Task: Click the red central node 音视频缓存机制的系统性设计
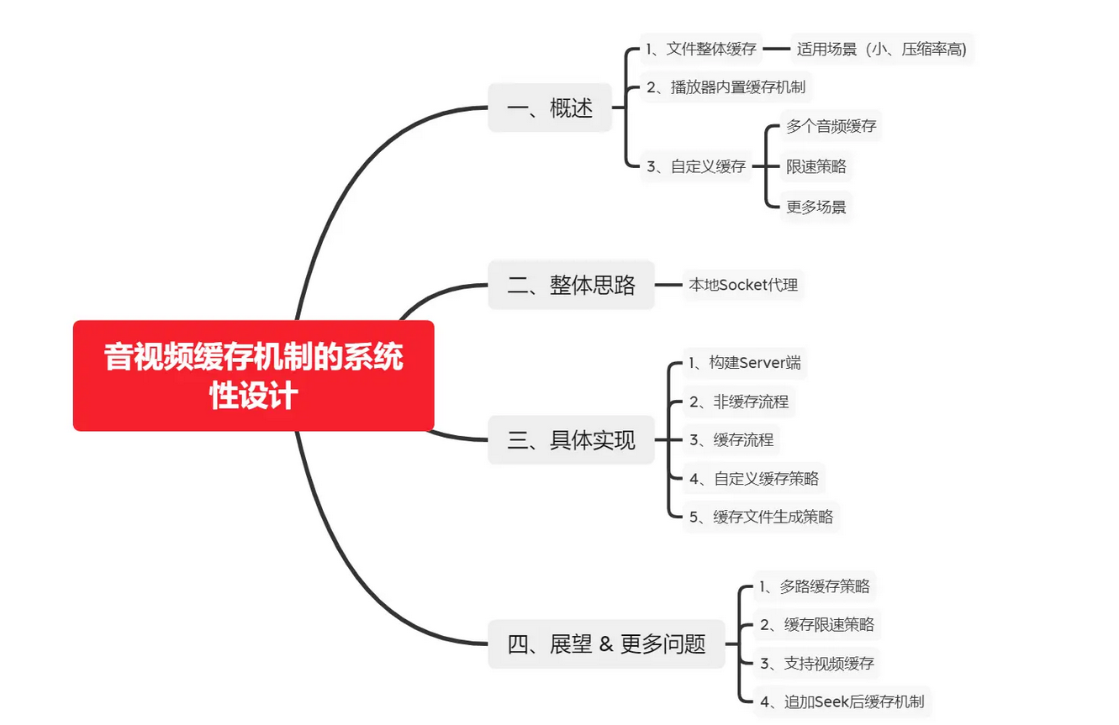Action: tap(253, 376)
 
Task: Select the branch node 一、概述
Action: tap(550, 108)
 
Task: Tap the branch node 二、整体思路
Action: tap(571, 286)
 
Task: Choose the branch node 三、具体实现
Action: tap(571, 439)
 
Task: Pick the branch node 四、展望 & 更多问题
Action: tap(606, 644)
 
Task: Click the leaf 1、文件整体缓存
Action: tap(701, 49)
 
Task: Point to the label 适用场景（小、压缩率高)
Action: tap(881, 49)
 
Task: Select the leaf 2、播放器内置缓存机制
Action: tap(726, 87)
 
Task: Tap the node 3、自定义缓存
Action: tap(696, 166)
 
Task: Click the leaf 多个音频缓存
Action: tap(831, 127)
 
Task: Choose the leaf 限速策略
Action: tap(815, 166)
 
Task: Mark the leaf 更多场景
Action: tap(815, 206)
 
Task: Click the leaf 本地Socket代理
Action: tap(743, 285)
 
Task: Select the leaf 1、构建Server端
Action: tap(744, 363)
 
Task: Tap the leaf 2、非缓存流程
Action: tap(739, 402)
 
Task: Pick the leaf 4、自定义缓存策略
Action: tap(754, 479)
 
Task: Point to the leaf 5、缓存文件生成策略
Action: tap(761, 517)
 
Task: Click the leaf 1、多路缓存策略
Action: tap(814, 586)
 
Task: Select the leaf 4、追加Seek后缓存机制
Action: tap(842, 701)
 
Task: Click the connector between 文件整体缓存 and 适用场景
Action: tap(776, 49)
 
